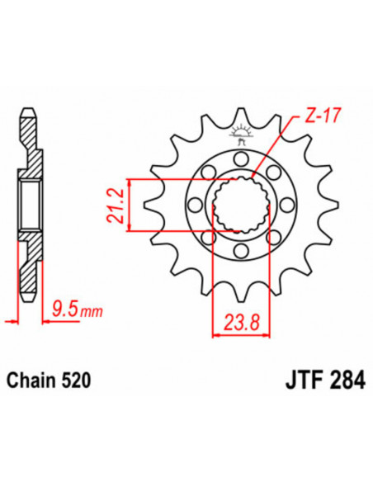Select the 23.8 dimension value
[x=239, y=319]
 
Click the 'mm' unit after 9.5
[x=86, y=312]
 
